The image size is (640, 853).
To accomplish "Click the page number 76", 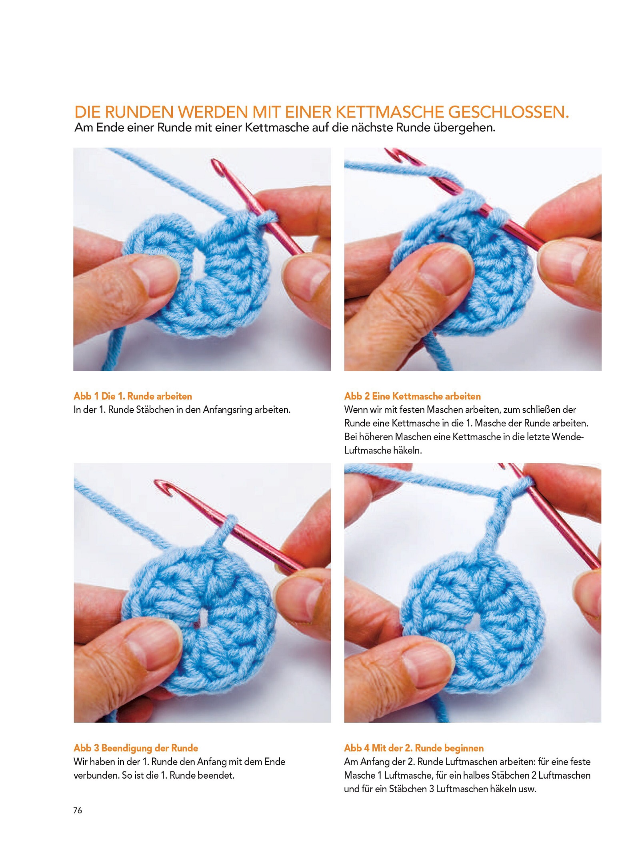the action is point(78,810).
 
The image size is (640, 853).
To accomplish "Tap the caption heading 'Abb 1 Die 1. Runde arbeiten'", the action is point(133,396).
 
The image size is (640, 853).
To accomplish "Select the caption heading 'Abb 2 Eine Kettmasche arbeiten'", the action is point(412,396).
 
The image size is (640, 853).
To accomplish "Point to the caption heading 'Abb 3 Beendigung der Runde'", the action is point(136,748).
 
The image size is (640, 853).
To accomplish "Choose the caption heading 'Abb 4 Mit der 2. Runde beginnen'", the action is point(414,748).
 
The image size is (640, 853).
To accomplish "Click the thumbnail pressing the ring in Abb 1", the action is point(154,276).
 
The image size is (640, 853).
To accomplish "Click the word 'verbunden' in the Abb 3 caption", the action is point(96,775).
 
